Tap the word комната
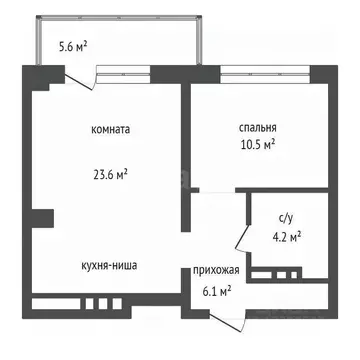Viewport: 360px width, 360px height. [109, 129]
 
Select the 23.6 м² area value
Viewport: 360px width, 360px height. [109, 172]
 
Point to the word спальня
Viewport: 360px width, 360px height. [258, 127]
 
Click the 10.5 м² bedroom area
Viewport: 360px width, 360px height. [258, 144]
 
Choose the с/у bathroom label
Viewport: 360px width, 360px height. [285, 218]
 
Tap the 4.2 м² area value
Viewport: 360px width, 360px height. [286, 236]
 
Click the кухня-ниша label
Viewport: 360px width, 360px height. [109, 266]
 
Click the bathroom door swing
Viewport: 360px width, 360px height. [240, 240]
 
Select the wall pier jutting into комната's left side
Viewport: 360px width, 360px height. [41, 216]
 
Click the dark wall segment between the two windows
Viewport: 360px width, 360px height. [185, 72]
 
